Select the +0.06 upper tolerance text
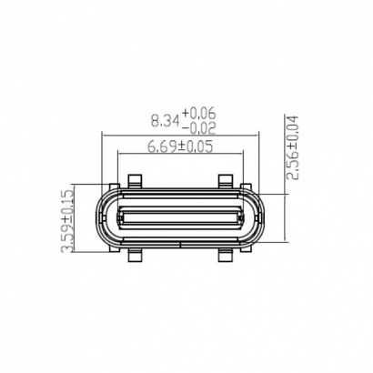point(198,112)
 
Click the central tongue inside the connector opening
point(181,218)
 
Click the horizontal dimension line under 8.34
point(182,135)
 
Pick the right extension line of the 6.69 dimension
point(243,168)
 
